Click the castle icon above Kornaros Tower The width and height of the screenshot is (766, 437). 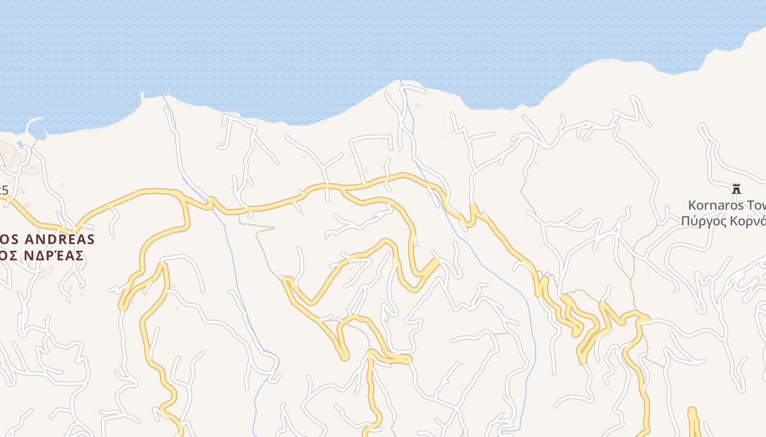[736, 189]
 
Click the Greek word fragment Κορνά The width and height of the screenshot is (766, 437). [750, 221]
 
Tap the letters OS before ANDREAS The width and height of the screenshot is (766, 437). [8, 239]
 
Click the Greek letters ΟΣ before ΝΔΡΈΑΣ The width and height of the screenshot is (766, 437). [7, 255]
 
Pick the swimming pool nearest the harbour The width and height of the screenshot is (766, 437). [20, 144]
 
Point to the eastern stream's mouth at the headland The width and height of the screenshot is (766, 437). [400, 82]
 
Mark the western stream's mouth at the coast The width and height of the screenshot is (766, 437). [163, 97]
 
